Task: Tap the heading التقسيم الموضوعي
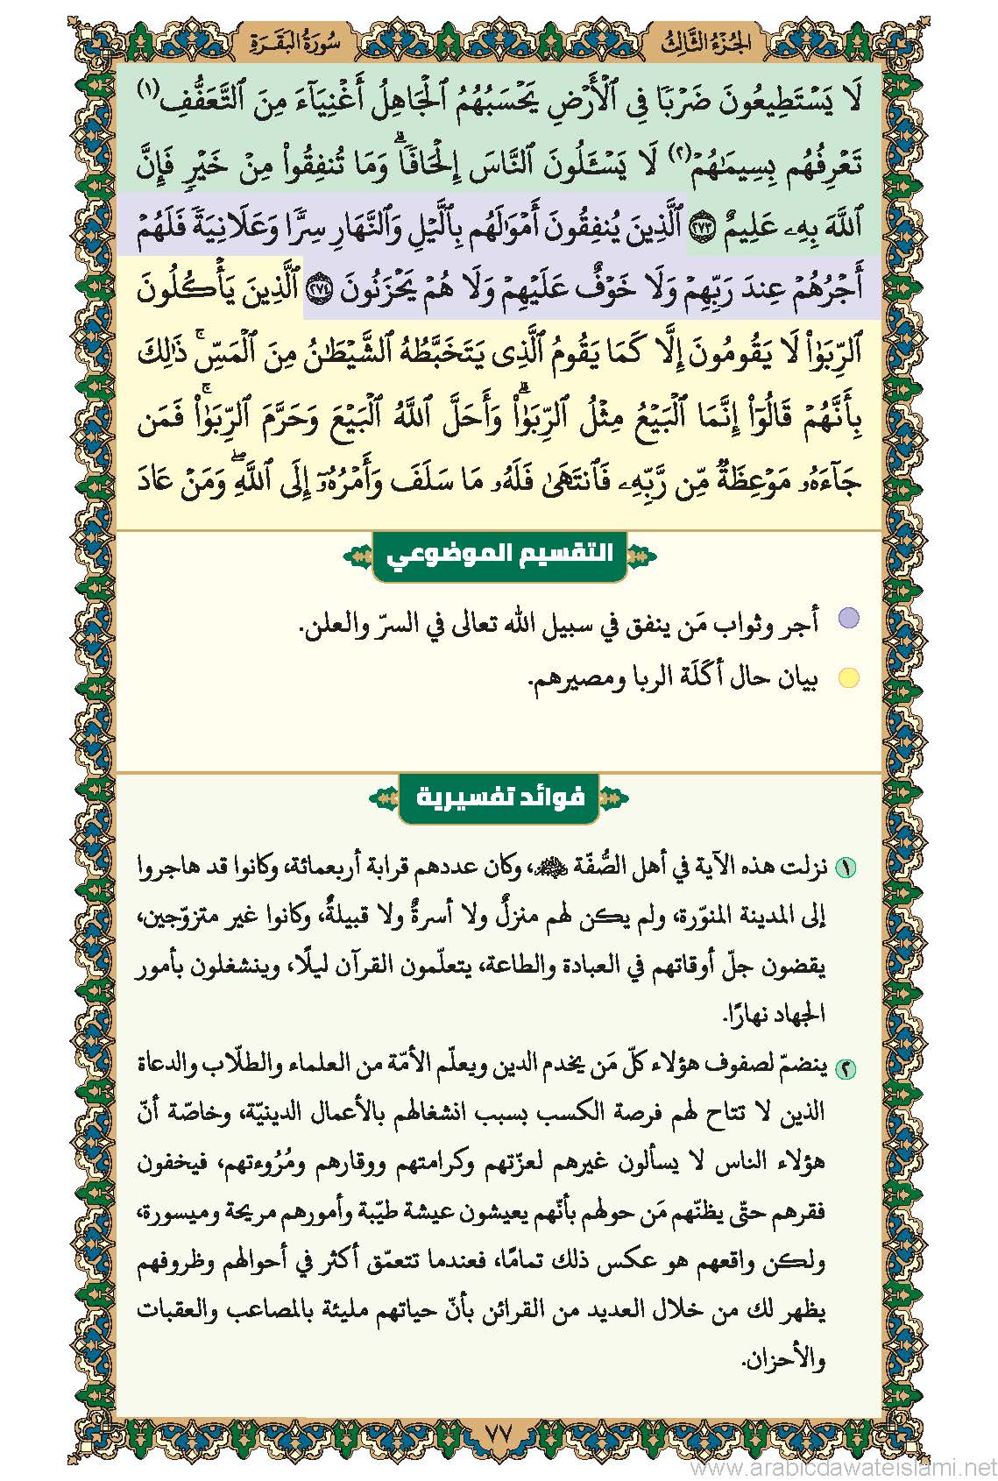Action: point(499,555)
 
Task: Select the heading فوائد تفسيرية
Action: point(499,798)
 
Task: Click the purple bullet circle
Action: point(847,620)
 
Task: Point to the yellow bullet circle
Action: point(847,678)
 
